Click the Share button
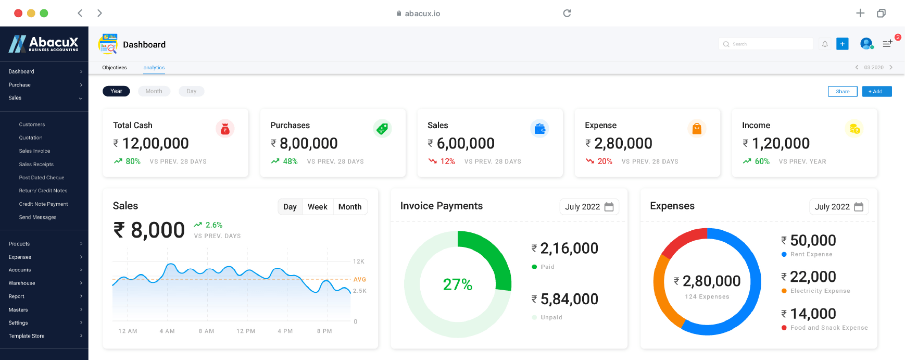[x=842, y=92]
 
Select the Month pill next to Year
[x=154, y=91]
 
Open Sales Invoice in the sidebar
[x=34, y=151]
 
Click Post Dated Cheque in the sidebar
[x=42, y=178]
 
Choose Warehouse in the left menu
[x=22, y=283]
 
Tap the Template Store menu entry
[x=27, y=336]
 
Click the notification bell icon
[x=825, y=44]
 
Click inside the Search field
[x=765, y=44]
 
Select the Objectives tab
[x=115, y=68]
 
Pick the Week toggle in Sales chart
[x=317, y=207]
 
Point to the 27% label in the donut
[x=457, y=284]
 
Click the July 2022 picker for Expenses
[x=838, y=207]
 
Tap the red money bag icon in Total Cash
[x=225, y=129]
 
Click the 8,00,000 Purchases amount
[x=308, y=143]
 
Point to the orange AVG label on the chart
[x=359, y=280]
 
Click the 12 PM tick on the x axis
[x=246, y=331]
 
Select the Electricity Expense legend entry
[x=820, y=291]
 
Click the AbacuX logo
[x=44, y=44]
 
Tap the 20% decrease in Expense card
[x=604, y=162]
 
